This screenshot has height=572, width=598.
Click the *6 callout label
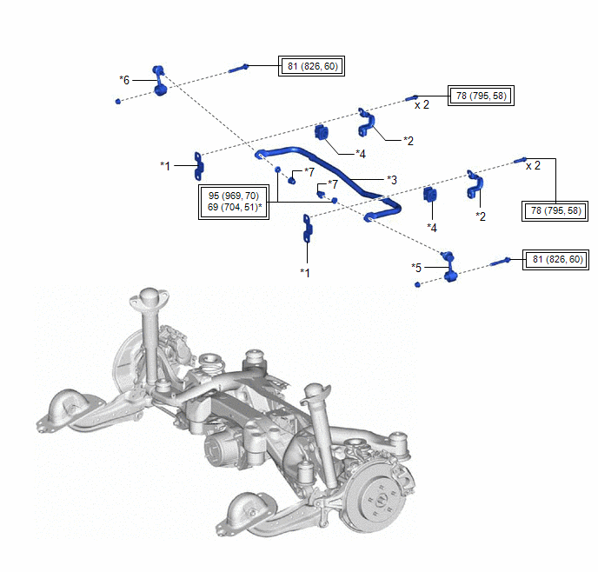point(124,79)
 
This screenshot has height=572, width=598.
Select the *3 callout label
point(391,180)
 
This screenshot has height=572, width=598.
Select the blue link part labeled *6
point(159,81)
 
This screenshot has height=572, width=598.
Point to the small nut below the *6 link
point(117,101)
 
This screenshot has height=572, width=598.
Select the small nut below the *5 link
point(418,284)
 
